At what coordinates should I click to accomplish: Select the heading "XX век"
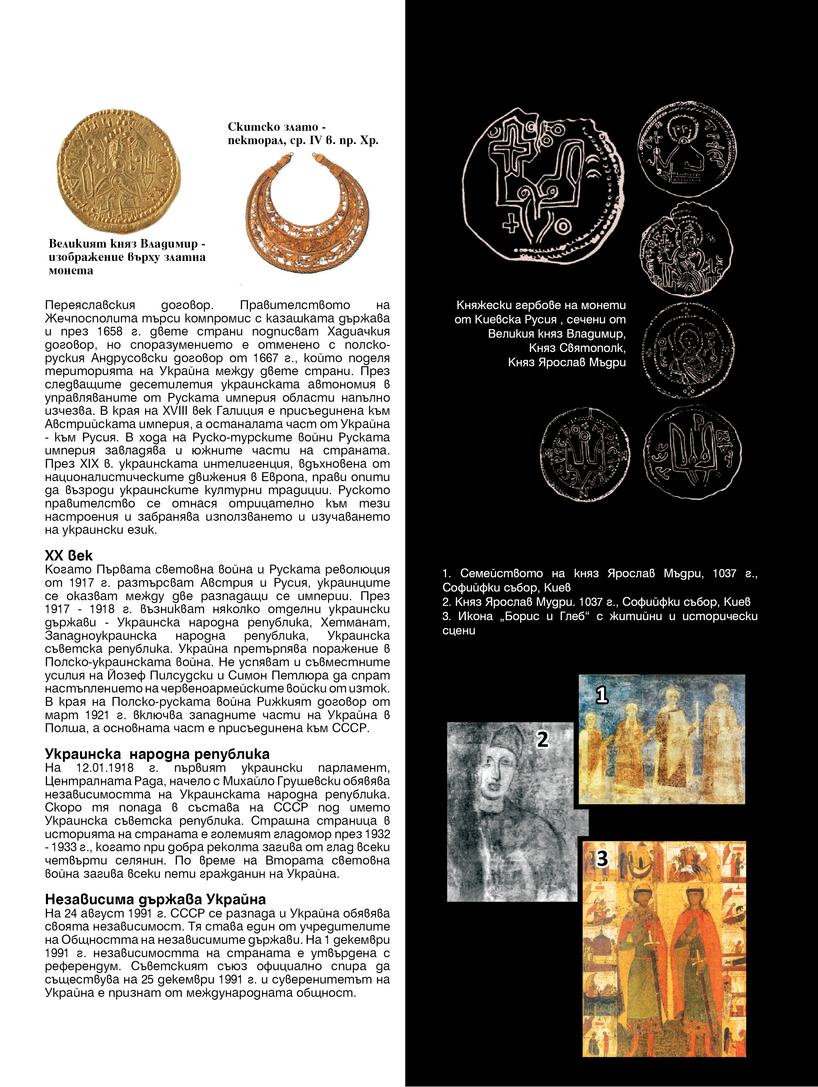pyautogui.click(x=68, y=555)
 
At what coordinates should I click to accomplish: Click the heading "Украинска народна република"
pyautogui.click(x=157, y=754)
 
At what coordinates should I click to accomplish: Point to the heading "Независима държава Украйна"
pyautogui.click(x=155, y=899)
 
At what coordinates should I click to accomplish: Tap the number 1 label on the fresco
pyautogui.click(x=602, y=695)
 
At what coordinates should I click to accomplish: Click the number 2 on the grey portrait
pyautogui.click(x=543, y=739)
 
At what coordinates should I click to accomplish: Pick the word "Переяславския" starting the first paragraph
pyautogui.click(x=90, y=305)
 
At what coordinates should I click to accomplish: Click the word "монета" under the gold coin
pyautogui.click(x=71, y=270)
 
